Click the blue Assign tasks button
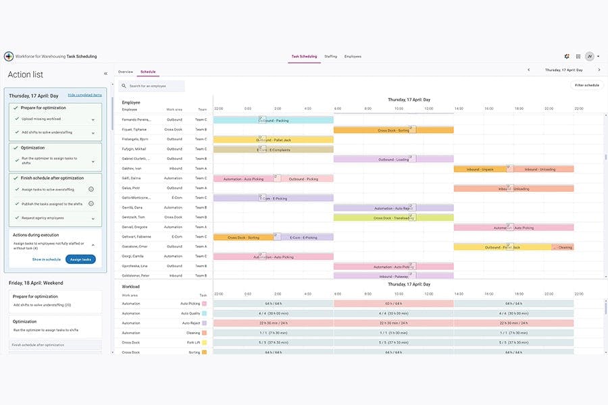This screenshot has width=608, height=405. coord(80,259)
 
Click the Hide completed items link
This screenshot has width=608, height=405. coord(84,95)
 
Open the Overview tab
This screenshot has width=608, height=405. coord(125,72)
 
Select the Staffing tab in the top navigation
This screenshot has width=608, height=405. coord(330,57)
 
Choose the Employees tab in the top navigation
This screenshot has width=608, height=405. coord(353,57)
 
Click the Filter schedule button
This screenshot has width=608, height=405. coord(586,85)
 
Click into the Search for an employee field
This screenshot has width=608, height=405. coord(151,86)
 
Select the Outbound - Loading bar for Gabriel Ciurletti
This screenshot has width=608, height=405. coord(393,159)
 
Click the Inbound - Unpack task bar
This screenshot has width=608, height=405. coord(480,169)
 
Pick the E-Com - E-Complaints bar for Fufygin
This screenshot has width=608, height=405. coord(273,149)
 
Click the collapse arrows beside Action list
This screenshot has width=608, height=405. coord(105,74)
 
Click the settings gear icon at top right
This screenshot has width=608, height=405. coord(567,57)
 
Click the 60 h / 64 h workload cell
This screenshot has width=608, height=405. coord(393,304)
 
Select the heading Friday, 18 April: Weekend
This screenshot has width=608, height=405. coord(36,283)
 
